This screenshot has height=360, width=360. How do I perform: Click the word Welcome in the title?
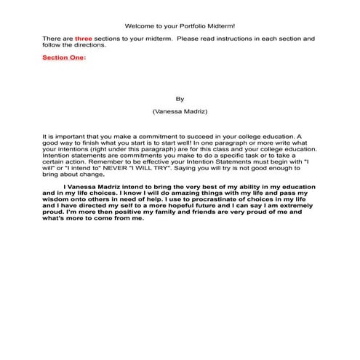[138, 26]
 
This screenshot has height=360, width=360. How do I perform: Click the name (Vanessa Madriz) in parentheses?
[180, 113]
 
